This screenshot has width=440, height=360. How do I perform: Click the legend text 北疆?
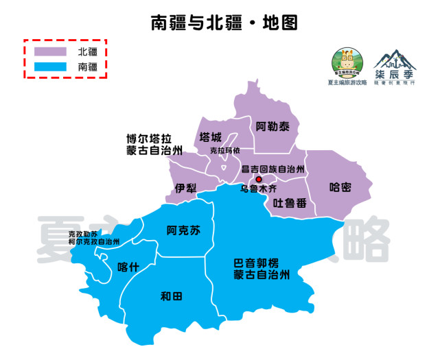point(87,51)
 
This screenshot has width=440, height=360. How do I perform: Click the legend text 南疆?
point(87,67)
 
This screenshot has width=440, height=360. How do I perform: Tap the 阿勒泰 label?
point(273,127)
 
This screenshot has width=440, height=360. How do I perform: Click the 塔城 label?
point(211,136)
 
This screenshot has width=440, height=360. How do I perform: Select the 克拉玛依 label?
point(225,151)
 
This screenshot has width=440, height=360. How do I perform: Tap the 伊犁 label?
point(185,188)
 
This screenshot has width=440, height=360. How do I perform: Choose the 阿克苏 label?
point(183,230)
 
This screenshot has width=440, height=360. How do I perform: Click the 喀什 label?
point(128,267)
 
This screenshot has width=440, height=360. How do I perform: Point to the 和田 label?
point(171,296)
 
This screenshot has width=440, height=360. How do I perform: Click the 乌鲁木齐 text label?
point(258,188)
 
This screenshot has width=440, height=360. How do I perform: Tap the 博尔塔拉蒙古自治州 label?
point(154,144)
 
